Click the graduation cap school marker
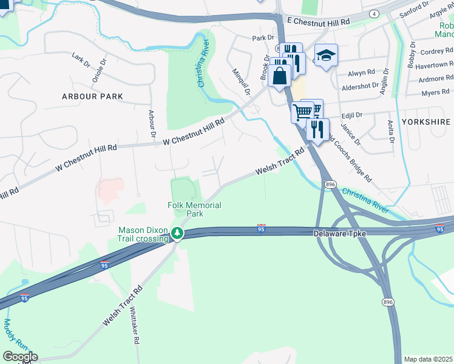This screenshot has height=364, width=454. [x=326, y=56]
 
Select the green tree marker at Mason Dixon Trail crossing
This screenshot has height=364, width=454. [x=177, y=233]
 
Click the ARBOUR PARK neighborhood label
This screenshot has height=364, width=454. [x=92, y=96]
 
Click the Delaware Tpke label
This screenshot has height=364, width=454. [x=337, y=234]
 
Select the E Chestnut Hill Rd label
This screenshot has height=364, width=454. [x=319, y=21]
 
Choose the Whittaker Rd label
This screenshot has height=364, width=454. [x=134, y=325]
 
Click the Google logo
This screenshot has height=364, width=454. [x=19, y=357]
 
